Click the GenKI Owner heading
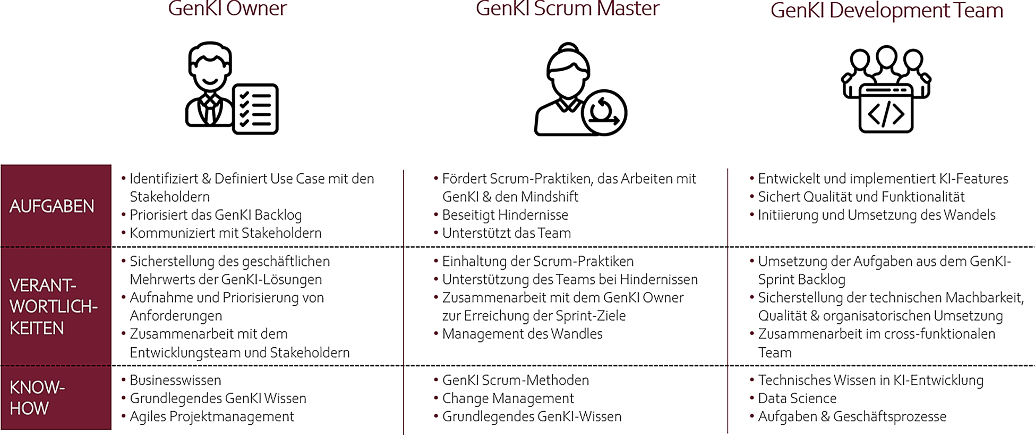click(x=227, y=9)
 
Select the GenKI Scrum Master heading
click(x=567, y=9)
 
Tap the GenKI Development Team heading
click(x=886, y=11)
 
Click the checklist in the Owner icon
click(x=255, y=108)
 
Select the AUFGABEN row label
click(x=52, y=206)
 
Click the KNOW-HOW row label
click(x=37, y=397)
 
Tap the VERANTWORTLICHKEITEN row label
click(x=54, y=307)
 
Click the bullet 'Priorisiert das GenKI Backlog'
click(x=216, y=215)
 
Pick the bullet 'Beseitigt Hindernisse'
click(x=505, y=215)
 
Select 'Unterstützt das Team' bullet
click(x=506, y=233)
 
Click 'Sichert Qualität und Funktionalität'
click(x=861, y=197)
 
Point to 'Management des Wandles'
click(x=522, y=334)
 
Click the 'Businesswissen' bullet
click(x=175, y=380)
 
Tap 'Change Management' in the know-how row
click(x=508, y=398)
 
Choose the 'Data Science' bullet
click(x=797, y=398)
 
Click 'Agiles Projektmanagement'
click(x=211, y=416)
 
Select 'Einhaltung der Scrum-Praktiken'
click(x=537, y=262)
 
